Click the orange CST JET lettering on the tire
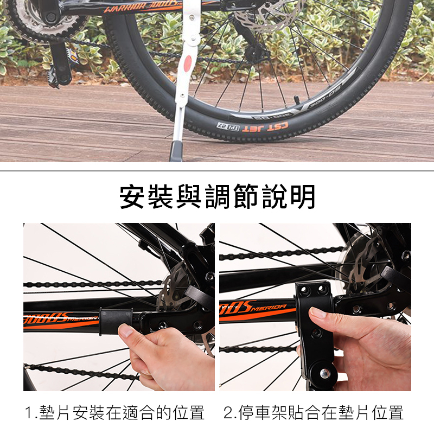265,127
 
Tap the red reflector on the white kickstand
188,62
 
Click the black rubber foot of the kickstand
176,151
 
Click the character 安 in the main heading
133,197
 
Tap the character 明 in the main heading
303,197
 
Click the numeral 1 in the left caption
29,413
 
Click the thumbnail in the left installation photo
125,331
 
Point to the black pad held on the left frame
116,321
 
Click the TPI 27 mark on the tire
228,126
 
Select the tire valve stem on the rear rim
297,99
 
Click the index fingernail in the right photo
316,314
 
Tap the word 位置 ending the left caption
189,413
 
